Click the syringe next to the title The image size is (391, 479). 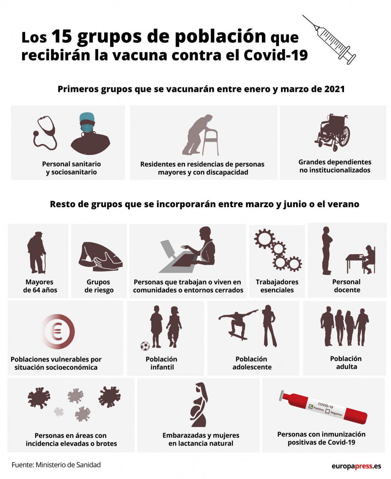pyautogui.click(x=329, y=39)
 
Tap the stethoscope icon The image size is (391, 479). pyautogui.click(x=45, y=133)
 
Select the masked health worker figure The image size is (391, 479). pyautogui.click(x=90, y=134)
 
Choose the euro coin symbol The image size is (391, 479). pyautogui.click(x=57, y=332)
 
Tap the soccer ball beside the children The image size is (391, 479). pyautogui.click(x=145, y=346)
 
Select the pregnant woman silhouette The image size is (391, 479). pyautogui.click(x=199, y=405)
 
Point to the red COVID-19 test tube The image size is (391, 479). pyautogui.click(x=323, y=408)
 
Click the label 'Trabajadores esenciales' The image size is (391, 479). pyautogui.click(x=277, y=286)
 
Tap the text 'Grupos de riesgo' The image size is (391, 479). pyautogui.click(x=99, y=286)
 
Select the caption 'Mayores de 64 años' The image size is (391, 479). pyautogui.click(x=40, y=286)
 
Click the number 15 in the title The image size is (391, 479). pyautogui.click(x=61, y=36)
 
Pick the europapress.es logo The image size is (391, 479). pyautogui.click(x=356, y=466)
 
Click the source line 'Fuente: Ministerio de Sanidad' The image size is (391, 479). pyautogui.click(x=56, y=465)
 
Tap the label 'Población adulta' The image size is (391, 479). pyautogui.click(x=346, y=363)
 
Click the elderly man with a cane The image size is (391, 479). pyautogui.click(x=36, y=253)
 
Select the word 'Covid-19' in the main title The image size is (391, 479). pyautogui.click(x=276, y=55)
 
